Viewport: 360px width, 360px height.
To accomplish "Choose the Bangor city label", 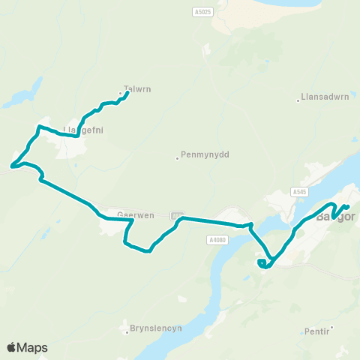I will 334,219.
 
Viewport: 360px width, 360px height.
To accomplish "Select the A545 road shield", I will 300,192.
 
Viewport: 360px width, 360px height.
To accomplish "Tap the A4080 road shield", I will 216,239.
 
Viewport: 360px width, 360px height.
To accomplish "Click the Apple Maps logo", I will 27,347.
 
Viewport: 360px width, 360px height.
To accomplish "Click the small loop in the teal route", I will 262,263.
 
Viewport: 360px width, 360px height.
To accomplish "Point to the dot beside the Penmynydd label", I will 178,157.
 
